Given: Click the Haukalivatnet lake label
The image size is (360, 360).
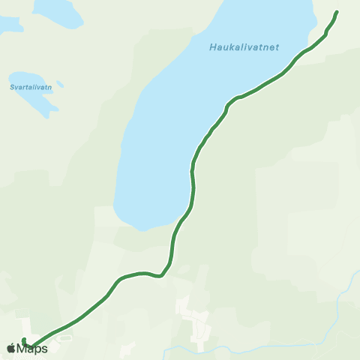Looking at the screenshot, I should [244, 47].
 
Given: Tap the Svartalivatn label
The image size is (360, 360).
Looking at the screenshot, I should [31, 87].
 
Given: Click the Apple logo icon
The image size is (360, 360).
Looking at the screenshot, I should [10, 348].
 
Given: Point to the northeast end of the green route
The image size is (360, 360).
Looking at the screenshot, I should [336, 12].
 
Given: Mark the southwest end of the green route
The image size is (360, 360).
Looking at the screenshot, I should [24, 340].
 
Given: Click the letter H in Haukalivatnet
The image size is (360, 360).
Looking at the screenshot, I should [211, 48].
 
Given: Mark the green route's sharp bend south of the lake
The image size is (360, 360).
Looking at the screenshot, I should [160, 275].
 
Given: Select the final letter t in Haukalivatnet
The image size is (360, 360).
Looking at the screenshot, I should [277, 47].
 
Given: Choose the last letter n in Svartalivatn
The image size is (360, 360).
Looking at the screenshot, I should [49, 87].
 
